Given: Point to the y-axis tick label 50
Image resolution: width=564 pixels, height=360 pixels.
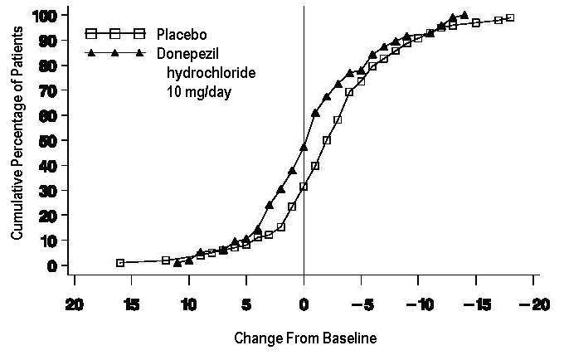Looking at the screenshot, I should [x=48, y=140].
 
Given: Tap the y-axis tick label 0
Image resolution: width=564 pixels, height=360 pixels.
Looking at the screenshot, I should [x=51, y=265].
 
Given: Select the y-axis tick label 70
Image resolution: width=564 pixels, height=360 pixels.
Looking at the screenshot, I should [x=48, y=90].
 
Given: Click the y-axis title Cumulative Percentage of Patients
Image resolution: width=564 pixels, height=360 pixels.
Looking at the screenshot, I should [x=17, y=140].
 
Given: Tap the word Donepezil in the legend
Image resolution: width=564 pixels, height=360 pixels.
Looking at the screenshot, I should [x=187, y=53].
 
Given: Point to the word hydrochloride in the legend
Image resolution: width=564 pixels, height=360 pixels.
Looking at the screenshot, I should [x=211, y=72].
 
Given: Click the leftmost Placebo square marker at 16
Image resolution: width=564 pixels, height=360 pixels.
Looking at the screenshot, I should [x=120, y=262].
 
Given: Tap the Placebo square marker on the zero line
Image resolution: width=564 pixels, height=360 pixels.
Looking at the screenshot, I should [x=304, y=187].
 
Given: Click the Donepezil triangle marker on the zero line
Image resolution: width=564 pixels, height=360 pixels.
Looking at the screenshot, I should [x=304, y=147].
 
